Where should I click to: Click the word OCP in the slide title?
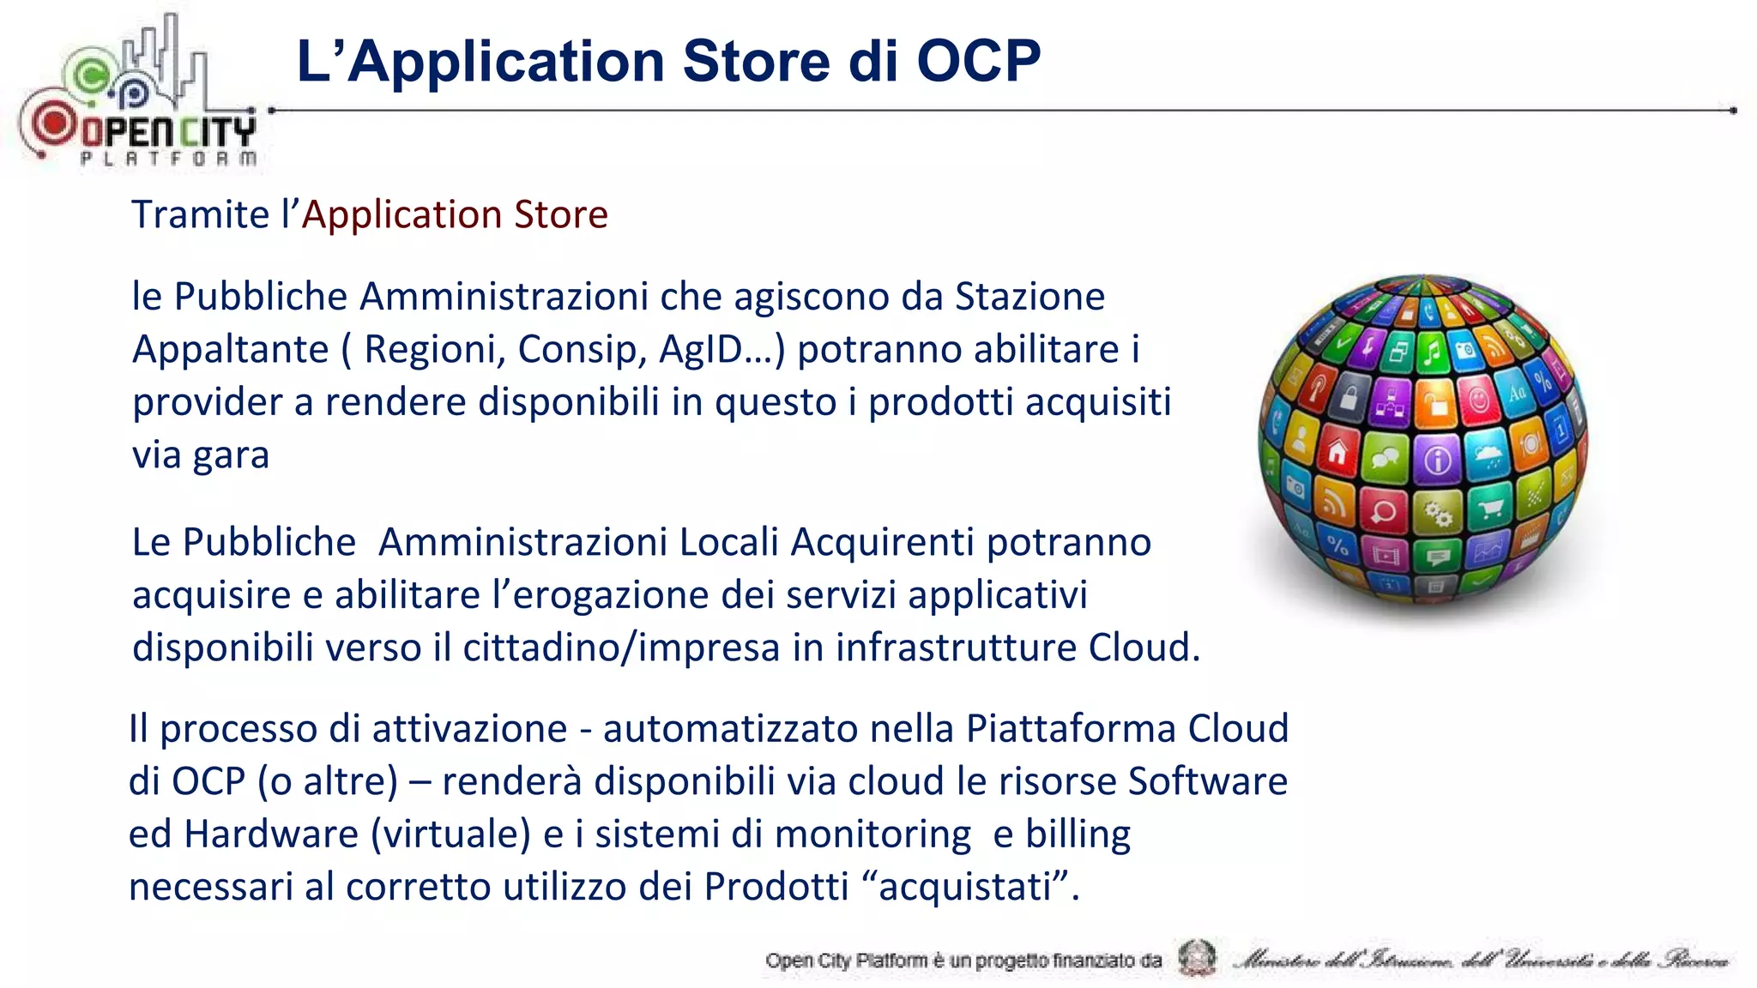click(x=978, y=61)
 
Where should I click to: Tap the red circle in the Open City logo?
click(x=54, y=123)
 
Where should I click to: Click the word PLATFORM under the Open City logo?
click(x=168, y=158)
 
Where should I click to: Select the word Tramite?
click(x=200, y=214)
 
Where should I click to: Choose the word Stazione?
click(x=1029, y=297)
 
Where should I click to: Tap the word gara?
click(x=231, y=455)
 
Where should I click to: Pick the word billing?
click(x=1078, y=834)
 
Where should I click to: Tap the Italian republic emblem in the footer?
click(x=1197, y=958)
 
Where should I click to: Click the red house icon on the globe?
click(x=1337, y=452)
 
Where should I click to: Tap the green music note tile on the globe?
click(x=1430, y=351)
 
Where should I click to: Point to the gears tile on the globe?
click(x=1438, y=513)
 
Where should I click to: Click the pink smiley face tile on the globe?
click(x=1478, y=399)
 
